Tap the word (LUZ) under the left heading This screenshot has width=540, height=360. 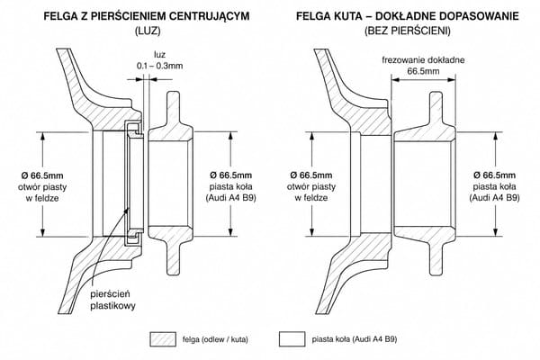(x=147, y=31)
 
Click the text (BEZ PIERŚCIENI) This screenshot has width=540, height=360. (x=408, y=31)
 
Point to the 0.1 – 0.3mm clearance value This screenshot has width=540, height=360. (x=159, y=66)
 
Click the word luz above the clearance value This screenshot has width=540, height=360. (x=160, y=54)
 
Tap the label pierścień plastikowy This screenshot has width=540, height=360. (x=112, y=300)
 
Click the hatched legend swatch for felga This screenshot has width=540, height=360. (x=163, y=339)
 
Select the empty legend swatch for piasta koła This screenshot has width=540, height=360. (x=292, y=339)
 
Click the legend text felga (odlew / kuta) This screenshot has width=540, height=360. (x=215, y=339)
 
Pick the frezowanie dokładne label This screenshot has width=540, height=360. (x=423, y=60)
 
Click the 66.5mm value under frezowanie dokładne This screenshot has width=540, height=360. (x=423, y=72)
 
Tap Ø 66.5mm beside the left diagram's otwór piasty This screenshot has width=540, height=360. (x=42, y=175)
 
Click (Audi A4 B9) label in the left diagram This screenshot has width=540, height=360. (x=230, y=198)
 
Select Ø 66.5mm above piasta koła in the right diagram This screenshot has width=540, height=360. (x=494, y=175)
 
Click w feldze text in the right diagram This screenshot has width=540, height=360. (x=311, y=198)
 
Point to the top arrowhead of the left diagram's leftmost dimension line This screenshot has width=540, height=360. (x=42, y=136)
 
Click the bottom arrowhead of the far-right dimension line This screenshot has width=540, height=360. (x=496, y=232)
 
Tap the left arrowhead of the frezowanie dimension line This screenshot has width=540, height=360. (x=395, y=79)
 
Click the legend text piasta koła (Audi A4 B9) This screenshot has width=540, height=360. (x=355, y=339)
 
